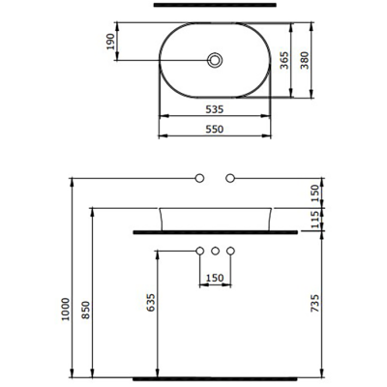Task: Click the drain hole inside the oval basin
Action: coord(215,61)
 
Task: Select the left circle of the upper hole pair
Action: coord(199,178)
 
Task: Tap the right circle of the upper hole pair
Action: coord(230,178)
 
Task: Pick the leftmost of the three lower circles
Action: coord(199,252)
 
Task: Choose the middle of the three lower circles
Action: coord(215,252)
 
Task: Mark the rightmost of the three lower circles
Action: coord(230,252)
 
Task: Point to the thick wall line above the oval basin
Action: coord(214,6)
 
